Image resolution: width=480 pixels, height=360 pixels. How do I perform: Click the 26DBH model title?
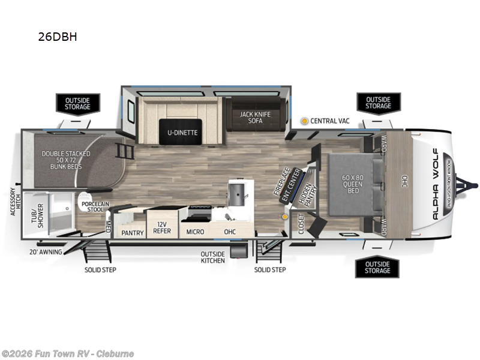(58, 37)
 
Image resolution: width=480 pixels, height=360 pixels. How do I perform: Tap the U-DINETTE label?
(178, 133)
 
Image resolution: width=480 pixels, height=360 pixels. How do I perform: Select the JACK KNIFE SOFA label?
(254, 117)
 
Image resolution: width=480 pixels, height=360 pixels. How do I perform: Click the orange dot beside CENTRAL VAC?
(304, 121)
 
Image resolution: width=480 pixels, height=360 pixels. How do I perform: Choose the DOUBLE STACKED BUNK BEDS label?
(66, 161)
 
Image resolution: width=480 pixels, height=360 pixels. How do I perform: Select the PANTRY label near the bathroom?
(132, 232)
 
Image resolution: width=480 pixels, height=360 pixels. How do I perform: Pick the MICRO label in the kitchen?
(195, 232)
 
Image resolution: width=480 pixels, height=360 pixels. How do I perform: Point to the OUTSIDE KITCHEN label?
(213, 257)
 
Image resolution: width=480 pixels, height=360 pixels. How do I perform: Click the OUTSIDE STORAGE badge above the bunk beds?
(77, 103)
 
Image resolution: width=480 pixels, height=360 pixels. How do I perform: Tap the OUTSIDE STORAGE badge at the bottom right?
(377, 268)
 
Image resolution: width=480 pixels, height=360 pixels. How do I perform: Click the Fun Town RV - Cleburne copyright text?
(67, 353)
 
